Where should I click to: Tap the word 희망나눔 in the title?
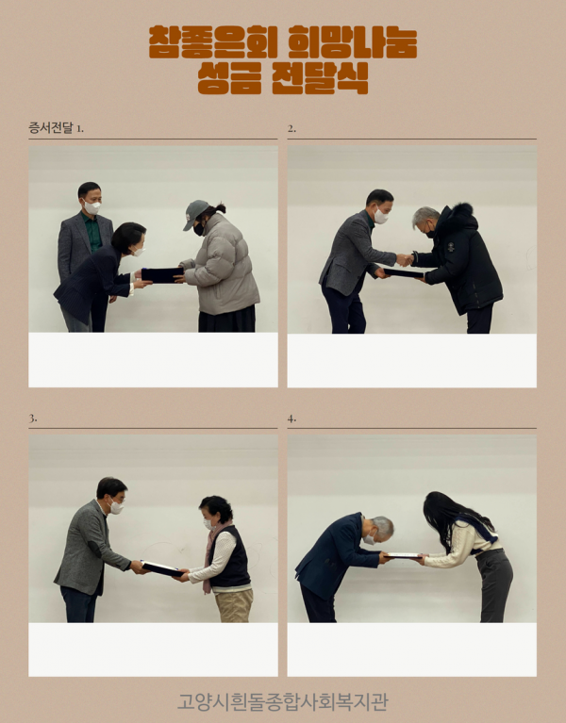(x=356, y=42)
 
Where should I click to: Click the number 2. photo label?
(x=291, y=127)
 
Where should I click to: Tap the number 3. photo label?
(x=33, y=417)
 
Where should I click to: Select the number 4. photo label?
(x=291, y=417)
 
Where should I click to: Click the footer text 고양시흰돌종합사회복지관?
(x=282, y=701)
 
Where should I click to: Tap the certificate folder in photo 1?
(x=162, y=275)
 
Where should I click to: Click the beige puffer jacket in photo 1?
(x=223, y=269)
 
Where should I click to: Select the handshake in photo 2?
(x=405, y=259)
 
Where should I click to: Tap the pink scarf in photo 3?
(x=210, y=556)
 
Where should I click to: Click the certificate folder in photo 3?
(x=162, y=568)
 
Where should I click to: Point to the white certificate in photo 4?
(x=403, y=555)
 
